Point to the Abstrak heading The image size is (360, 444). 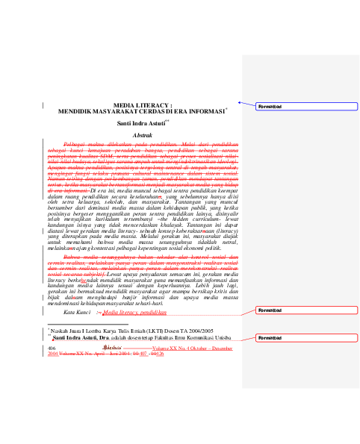142,134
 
